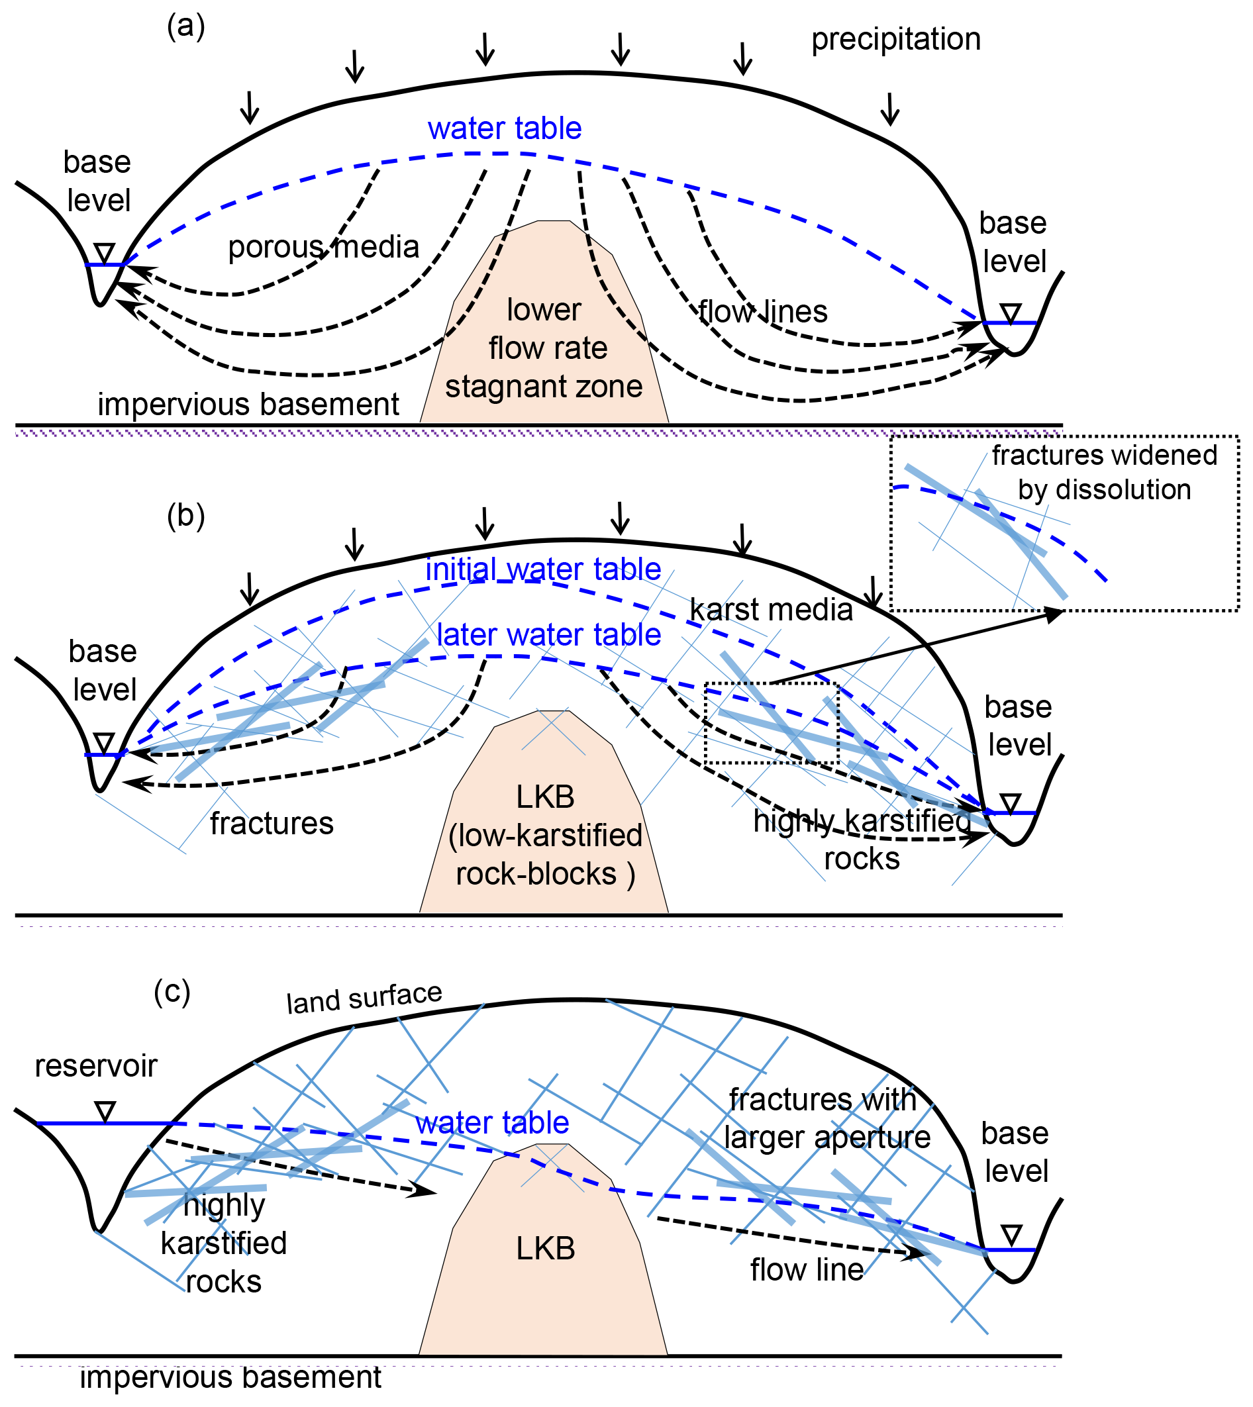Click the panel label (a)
pyautogui.click(x=186, y=28)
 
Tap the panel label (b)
pyautogui.click(x=186, y=516)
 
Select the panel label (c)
pyautogui.click(x=172, y=992)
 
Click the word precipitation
pyautogui.click(x=895, y=39)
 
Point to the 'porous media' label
pyautogui.click(x=324, y=247)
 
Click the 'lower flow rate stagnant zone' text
pyautogui.click(x=544, y=348)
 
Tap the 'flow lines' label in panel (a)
pyautogui.click(x=763, y=312)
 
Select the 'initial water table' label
pyautogui.click(x=543, y=569)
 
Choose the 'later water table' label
pyautogui.click(x=549, y=635)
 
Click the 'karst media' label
pyautogui.click(x=771, y=610)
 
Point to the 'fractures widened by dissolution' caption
pyautogui.click(x=1104, y=472)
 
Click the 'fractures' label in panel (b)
pyautogui.click(x=272, y=823)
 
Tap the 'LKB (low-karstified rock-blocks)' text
pyautogui.click(x=545, y=836)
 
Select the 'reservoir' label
pyautogui.click(x=95, y=1066)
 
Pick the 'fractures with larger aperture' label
pyautogui.click(x=826, y=1118)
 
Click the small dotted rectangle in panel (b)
pyautogui.click(x=771, y=724)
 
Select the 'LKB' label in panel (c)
pyautogui.click(x=545, y=1249)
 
